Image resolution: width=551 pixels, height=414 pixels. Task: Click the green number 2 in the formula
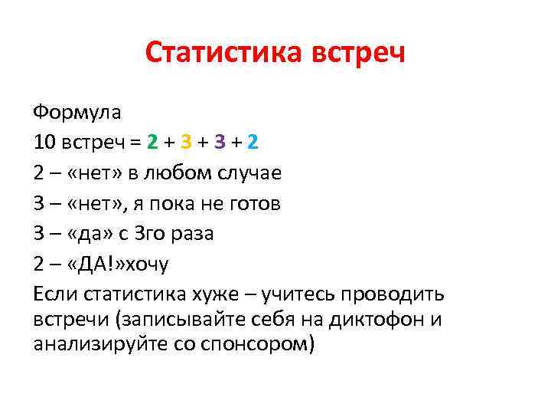153,143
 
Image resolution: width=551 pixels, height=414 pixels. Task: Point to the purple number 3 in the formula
220,143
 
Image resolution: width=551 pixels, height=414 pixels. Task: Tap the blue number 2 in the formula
253,143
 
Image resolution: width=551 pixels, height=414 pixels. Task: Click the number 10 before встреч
44,143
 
